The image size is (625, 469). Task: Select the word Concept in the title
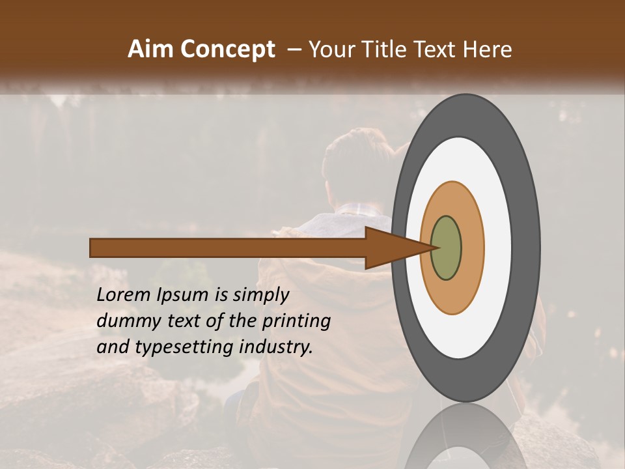(x=227, y=50)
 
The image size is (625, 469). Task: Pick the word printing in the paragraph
(x=296, y=322)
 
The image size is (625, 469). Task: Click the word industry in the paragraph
(x=275, y=347)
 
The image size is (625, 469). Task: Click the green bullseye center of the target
(x=446, y=248)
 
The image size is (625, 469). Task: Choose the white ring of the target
(x=498, y=248)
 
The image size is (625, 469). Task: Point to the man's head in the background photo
(x=355, y=166)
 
